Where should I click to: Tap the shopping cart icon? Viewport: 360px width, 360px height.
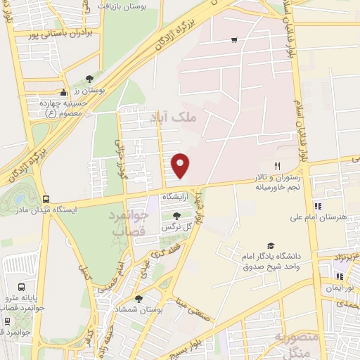pyautogui.click(x=234, y=40)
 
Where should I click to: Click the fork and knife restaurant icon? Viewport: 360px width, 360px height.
pyautogui.click(x=277, y=166)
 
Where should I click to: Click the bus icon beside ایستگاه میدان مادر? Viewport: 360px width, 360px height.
pyautogui.click(x=46, y=199)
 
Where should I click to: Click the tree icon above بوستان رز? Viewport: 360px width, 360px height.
pyautogui.click(x=89, y=79)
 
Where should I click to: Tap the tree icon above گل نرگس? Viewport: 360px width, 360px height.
pyautogui.click(x=176, y=216)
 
